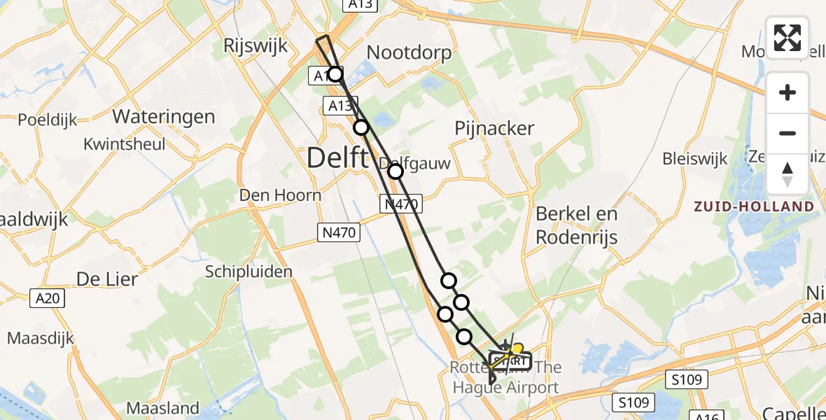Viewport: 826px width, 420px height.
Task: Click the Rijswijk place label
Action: (x=255, y=46)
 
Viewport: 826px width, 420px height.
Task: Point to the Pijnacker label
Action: (x=494, y=128)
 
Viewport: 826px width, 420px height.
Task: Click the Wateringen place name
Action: (x=164, y=115)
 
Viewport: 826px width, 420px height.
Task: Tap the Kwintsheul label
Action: (x=125, y=144)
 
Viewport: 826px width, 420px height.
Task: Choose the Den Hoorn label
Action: (x=280, y=195)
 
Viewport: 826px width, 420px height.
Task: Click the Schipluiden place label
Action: (x=248, y=272)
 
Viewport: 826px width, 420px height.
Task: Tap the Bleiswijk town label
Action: (x=695, y=159)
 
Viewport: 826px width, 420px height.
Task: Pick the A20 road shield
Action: (x=48, y=299)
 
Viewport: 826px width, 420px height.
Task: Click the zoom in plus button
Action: (x=787, y=92)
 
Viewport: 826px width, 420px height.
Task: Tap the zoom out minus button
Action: (x=787, y=133)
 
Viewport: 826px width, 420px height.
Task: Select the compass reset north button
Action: (x=787, y=174)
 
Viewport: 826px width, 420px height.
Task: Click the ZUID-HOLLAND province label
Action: (x=754, y=206)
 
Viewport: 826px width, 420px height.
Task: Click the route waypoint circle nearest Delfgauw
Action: (x=395, y=171)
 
